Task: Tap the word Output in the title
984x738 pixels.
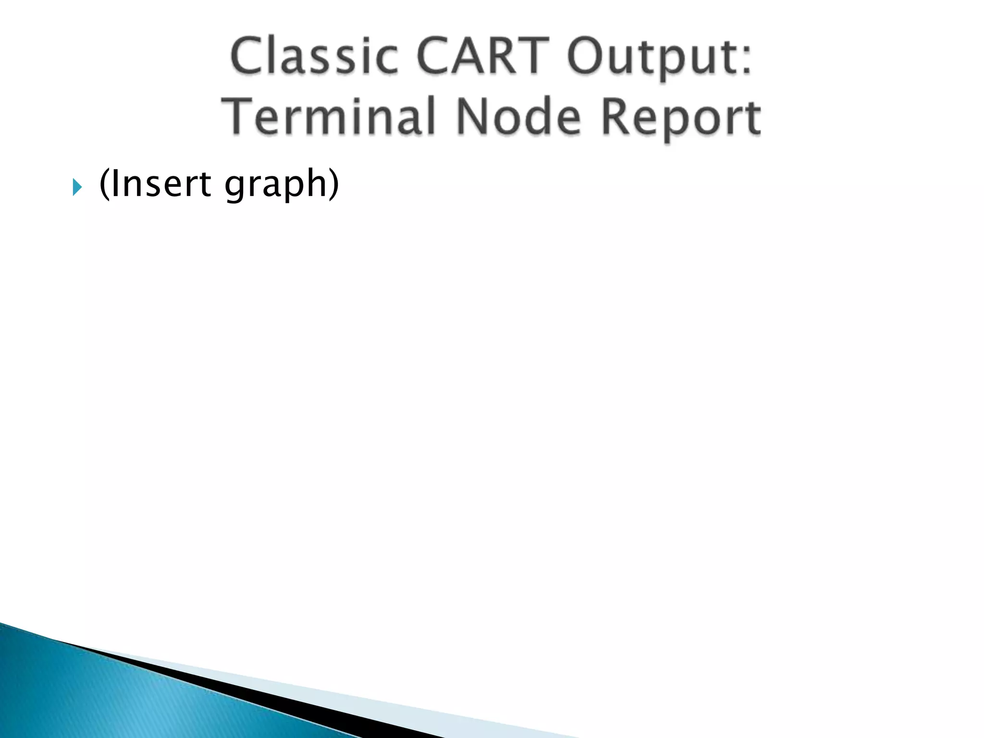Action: point(649,58)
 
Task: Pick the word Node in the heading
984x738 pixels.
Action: point(519,116)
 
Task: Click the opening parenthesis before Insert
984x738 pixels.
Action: point(103,184)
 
